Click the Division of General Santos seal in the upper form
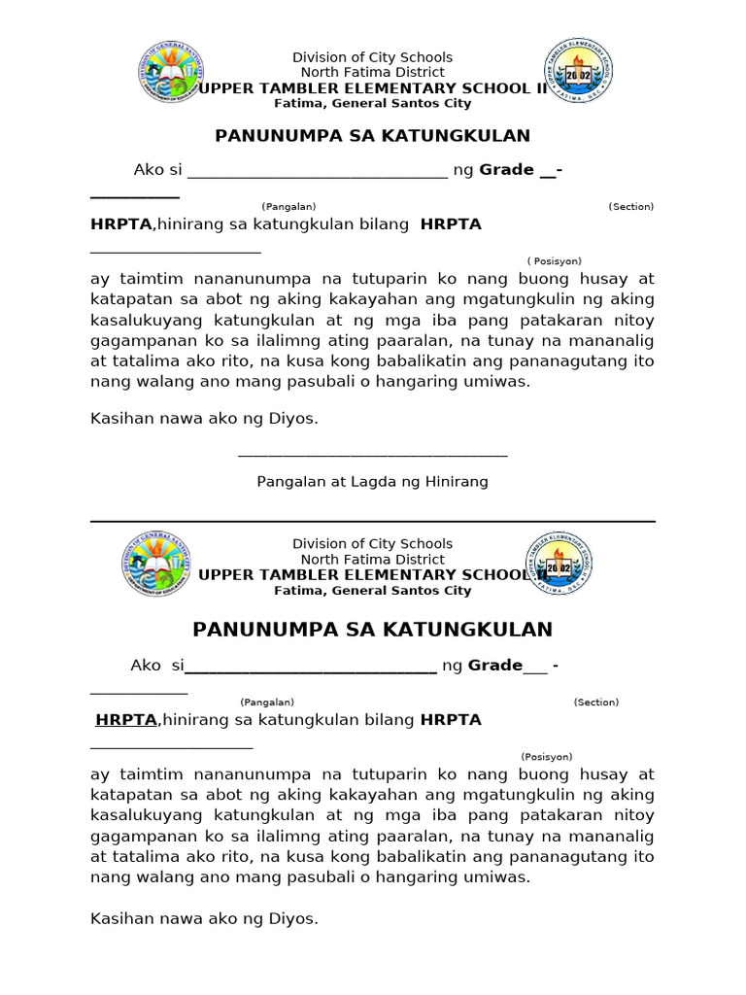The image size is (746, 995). (x=172, y=73)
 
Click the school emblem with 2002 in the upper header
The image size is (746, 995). (x=578, y=71)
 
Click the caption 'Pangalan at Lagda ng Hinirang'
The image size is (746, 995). (x=372, y=482)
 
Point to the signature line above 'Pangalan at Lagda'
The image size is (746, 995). (x=372, y=455)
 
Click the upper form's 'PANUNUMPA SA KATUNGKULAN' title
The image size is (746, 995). (x=373, y=136)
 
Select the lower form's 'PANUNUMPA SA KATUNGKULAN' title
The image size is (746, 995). (x=373, y=630)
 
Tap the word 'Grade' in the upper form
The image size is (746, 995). (x=506, y=170)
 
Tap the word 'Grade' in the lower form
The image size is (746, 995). (x=495, y=666)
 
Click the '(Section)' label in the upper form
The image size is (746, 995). (x=630, y=207)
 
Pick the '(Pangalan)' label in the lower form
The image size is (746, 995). (x=267, y=703)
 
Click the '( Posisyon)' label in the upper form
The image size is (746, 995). (x=555, y=261)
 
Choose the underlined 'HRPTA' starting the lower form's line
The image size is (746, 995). (x=126, y=720)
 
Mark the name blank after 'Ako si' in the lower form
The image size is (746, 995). (x=310, y=669)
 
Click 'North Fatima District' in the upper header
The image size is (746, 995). (x=372, y=72)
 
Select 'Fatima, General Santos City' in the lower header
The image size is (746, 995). (x=372, y=591)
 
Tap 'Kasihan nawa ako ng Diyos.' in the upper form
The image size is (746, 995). (x=204, y=420)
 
